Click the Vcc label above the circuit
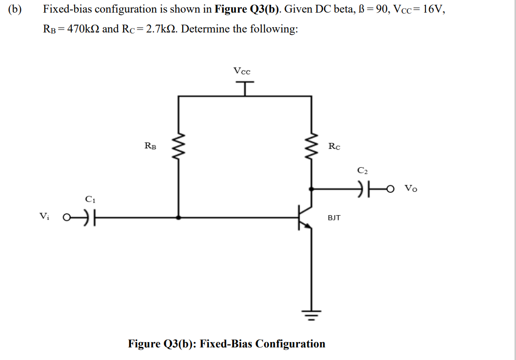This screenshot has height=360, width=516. pyautogui.click(x=242, y=71)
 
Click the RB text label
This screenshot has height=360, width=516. pyautogui.click(x=150, y=145)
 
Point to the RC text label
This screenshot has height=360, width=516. pyautogui.click(x=334, y=146)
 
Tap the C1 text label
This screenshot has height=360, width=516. pyautogui.click(x=90, y=199)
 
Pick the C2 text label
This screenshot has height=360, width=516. pyautogui.click(x=363, y=171)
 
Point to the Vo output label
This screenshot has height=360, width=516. pyautogui.click(x=410, y=188)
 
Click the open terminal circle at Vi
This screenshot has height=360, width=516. pyautogui.click(x=67, y=218)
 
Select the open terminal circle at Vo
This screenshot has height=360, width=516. pyautogui.click(x=390, y=189)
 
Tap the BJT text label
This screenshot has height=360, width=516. pyautogui.click(x=334, y=218)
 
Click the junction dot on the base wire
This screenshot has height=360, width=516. pyautogui.click(x=180, y=218)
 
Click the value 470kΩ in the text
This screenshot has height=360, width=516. pyautogui.click(x=83, y=29)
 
